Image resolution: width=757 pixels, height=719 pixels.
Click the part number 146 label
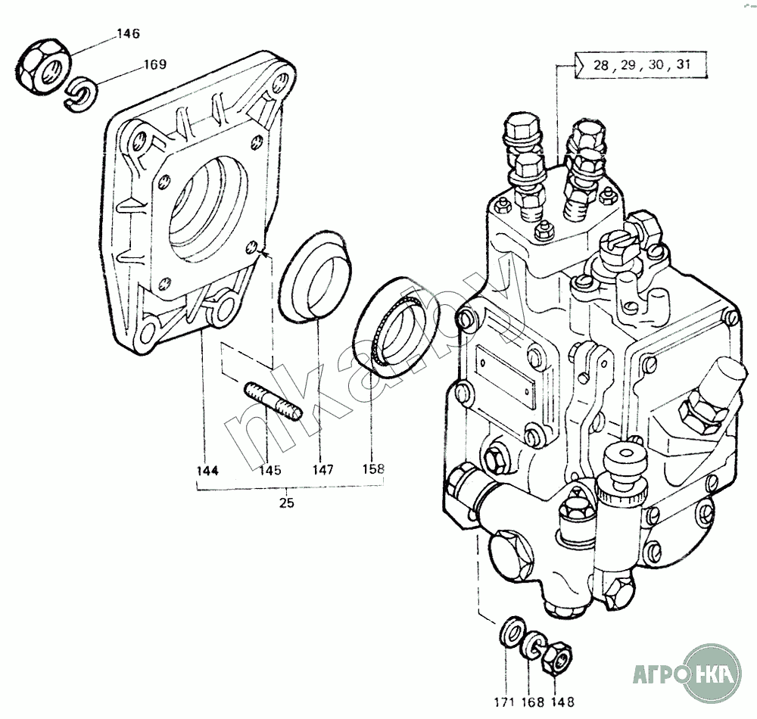click(128, 34)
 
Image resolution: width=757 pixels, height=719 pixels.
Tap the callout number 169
click(155, 64)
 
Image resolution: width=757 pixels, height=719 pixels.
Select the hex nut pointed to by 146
click(44, 66)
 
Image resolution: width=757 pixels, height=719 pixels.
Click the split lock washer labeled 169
click(81, 94)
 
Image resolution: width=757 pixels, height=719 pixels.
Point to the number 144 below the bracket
click(207, 471)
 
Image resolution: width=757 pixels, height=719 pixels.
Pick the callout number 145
click(269, 470)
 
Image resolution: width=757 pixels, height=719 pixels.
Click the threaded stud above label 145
click(273, 400)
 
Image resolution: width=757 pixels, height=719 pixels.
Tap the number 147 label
click(322, 469)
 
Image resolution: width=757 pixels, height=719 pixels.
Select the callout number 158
click(373, 468)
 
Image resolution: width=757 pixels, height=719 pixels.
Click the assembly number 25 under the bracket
click(286, 503)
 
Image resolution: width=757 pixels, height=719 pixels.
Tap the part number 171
click(504, 702)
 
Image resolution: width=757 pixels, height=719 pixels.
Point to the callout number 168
click(532, 702)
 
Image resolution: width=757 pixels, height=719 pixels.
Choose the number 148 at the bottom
click(563, 702)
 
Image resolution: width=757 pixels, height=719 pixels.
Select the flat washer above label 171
click(510, 633)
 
